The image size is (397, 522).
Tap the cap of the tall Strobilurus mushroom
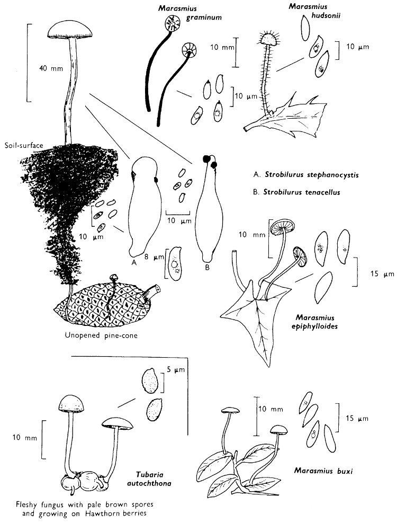(68, 30)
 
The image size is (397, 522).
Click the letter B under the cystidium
(207, 267)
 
